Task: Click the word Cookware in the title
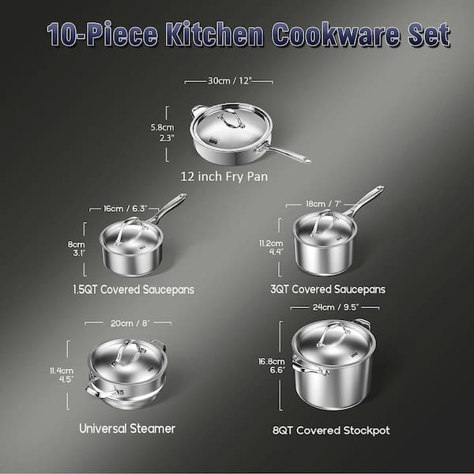pyautogui.click(x=337, y=34)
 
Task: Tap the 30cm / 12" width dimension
pyautogui.click(x=229, y=81)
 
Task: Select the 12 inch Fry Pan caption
pyautogui.click(x=224, y=176)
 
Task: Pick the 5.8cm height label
pyautogui.click(x=162, y=127)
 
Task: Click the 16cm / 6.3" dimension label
pyautogui.click(x=125, y=209)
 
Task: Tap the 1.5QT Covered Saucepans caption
pyautogui.click(x=134, y=290)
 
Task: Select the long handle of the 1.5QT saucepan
pyautogui.click(x=168, y=208)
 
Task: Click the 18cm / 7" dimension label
pyautogui.click(x=323, y=204)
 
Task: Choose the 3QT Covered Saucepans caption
pyautogui.click(x=328, y=289)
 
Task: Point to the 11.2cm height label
pyautogui.click(x=271, y=243)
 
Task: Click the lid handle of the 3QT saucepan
pyautogui.click(x=322, y=222)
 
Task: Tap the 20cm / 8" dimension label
pyautogui.click(x=130, y=323)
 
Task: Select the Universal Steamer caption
pyautogui.click(x=127, y=429)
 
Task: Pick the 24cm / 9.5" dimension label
pyautogui.click(x=336, y=307)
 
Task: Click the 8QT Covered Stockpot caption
pyautogui.click(x=331, y=431)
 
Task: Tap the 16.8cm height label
pyautogui.click(x=272, y=361)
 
